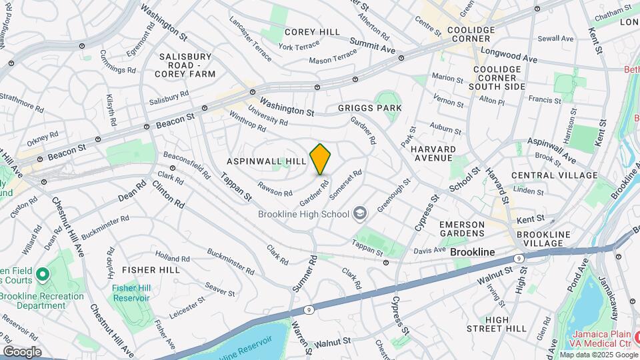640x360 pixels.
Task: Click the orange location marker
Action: coord(321,159)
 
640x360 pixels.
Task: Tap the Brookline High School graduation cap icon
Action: coord(361,213)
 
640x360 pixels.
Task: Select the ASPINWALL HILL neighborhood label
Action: coord(266,161)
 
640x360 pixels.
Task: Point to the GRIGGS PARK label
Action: coord(369,107)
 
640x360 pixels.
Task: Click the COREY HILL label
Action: coord(312,32)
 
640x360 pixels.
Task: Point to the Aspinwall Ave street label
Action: coord(551,151)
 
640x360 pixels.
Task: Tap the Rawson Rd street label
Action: coord(275,189)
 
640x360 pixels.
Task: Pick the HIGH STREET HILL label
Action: coord(497,324)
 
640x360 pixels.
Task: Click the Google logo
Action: coord(22,352)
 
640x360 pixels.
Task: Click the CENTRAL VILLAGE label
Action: coord(555,175)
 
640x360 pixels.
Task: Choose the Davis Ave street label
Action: coord(429,251)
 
